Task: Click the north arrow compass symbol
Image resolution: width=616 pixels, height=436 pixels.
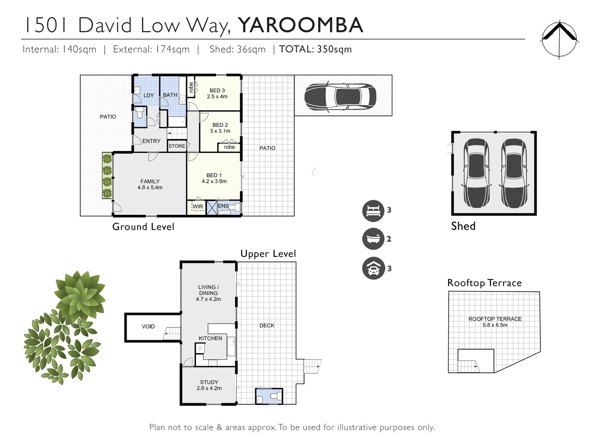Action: coord(559,40)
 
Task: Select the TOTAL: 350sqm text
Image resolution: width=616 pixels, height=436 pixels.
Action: coord(315,49)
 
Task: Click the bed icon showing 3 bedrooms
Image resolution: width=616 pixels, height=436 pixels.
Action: coord(373,210)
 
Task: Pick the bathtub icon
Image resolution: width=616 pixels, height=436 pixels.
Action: coord(373,239)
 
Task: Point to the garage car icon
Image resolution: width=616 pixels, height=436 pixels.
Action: coord(373,268)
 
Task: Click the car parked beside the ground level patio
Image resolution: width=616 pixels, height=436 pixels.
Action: coord(340,96)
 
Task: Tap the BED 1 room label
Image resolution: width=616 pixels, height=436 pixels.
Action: coord(214,175)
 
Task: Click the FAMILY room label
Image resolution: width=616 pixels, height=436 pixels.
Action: coord(150,182)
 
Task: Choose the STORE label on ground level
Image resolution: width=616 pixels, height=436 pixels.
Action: coord(177,146)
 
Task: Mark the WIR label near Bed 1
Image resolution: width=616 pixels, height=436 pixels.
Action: coord(198,207)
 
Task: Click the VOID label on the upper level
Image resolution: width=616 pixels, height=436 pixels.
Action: coord(148,327)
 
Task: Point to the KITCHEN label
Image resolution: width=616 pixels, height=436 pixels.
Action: coord(210,338)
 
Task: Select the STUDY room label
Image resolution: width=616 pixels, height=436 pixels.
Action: coord(209,382)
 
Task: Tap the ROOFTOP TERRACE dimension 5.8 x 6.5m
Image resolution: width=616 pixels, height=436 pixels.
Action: coord(495,325)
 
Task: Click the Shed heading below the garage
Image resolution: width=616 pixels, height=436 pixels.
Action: coord(463,226)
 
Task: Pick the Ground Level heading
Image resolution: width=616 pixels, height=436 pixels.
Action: coord(143,227)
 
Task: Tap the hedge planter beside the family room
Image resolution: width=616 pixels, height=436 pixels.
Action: coord(107,176)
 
